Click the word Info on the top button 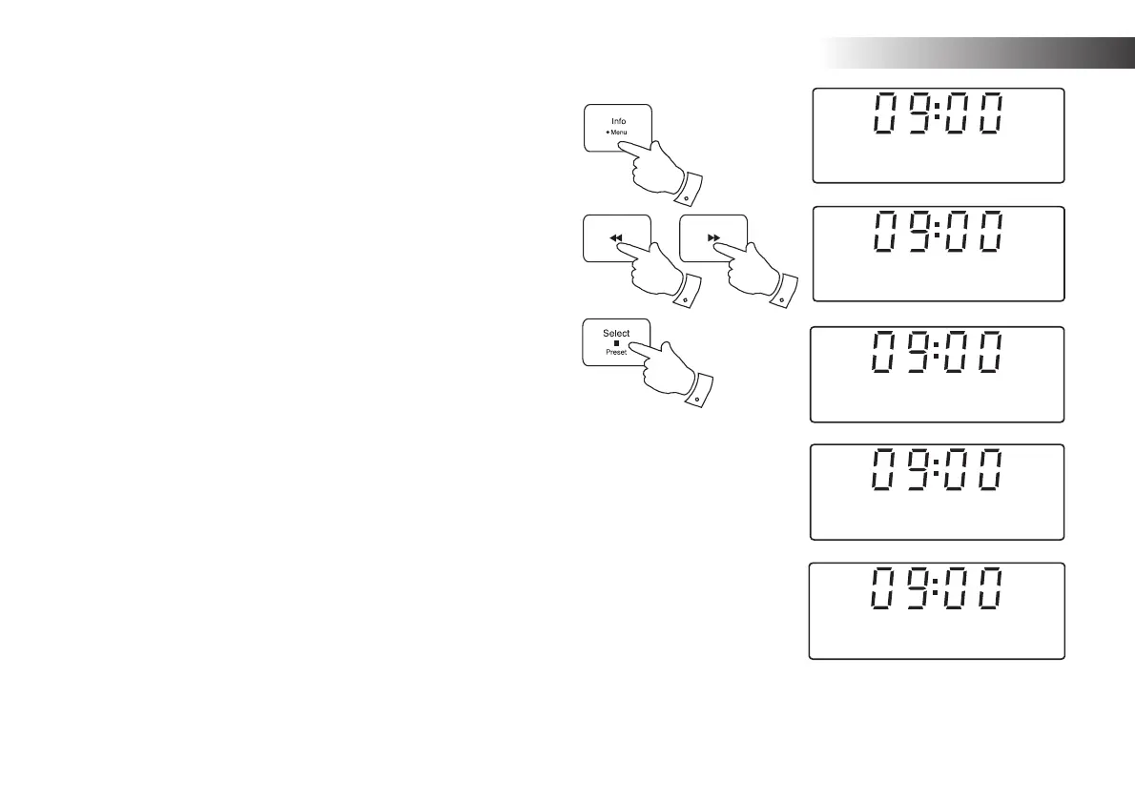click(619, 121)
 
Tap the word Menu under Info click(620, 133)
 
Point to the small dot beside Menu click(607, 133)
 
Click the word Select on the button click(616, 333)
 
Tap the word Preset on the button click(616, 352)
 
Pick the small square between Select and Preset click(616, 342)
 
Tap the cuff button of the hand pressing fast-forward click(782, 299)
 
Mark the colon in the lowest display click(940, 589)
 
